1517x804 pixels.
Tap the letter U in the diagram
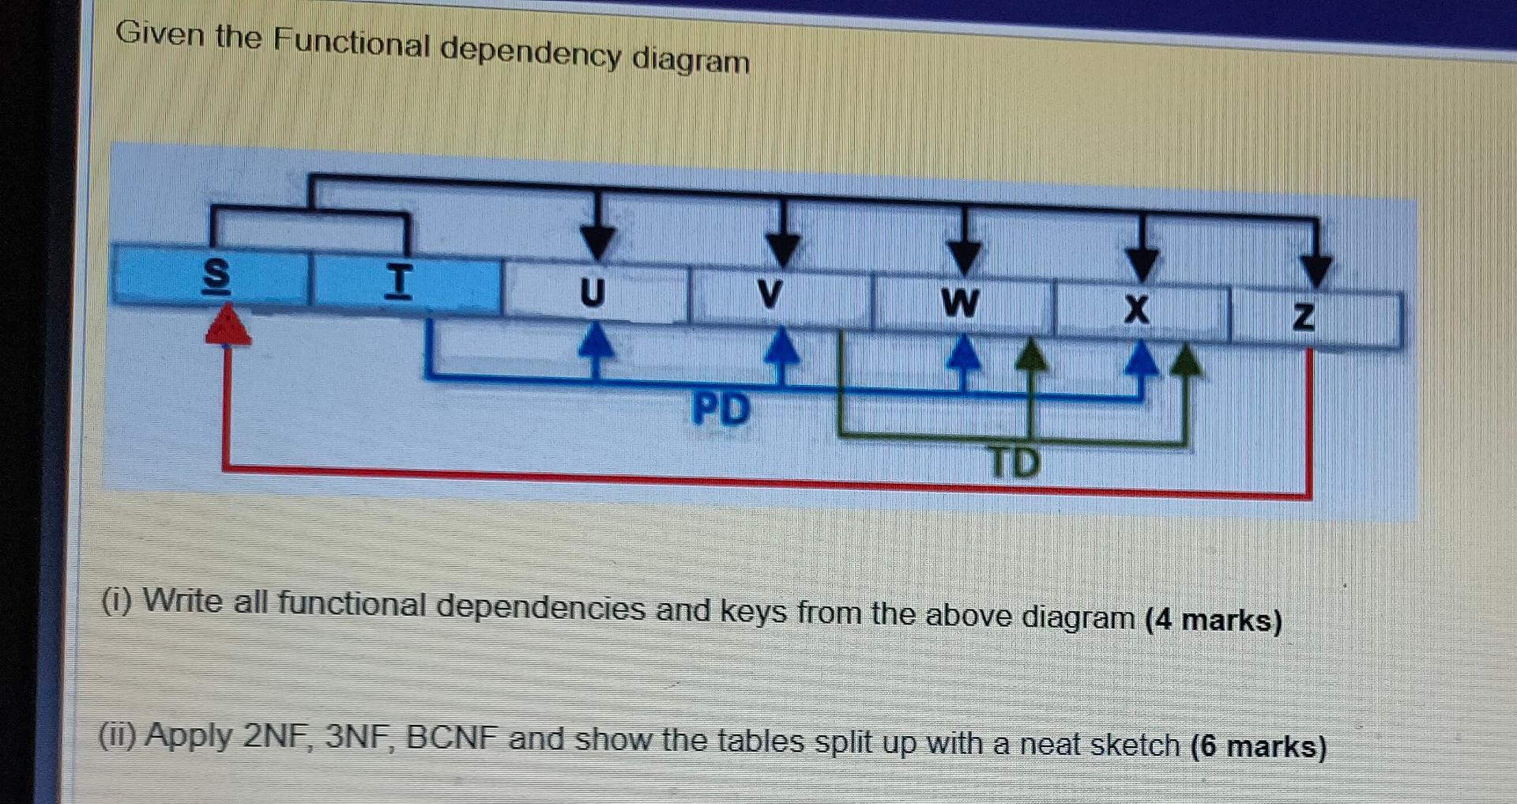pos(593,293)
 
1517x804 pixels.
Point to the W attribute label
pos(959,302)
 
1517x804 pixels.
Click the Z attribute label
pos(1304,317)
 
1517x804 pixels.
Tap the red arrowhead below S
pos(228,326)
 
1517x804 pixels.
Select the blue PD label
pos(721,410)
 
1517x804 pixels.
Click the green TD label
pos(1015,462)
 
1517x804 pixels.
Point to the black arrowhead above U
pos(597,242)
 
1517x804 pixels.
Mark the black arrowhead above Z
pos(1316,270)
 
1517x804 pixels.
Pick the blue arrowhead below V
pos(782,345)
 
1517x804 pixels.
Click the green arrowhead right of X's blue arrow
pos(1184,360)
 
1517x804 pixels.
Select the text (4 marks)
pos(1213,619)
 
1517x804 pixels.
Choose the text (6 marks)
pos(1258,746)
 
